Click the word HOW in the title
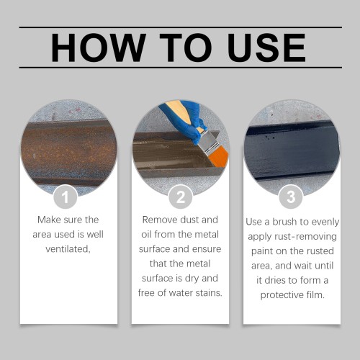click(99, 48)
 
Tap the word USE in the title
click(266, 48)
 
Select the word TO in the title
click(186, 48)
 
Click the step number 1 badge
click(65, 197)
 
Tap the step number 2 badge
click(180, 197)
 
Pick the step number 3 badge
click(291, 197)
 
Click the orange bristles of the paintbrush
click(219, 156)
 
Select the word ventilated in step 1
click(68, 249)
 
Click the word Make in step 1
click(48, 220)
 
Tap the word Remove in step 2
click(159, 220)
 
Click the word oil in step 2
click(146, 234)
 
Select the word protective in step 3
click(282, 295)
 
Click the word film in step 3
click(315, 294)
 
